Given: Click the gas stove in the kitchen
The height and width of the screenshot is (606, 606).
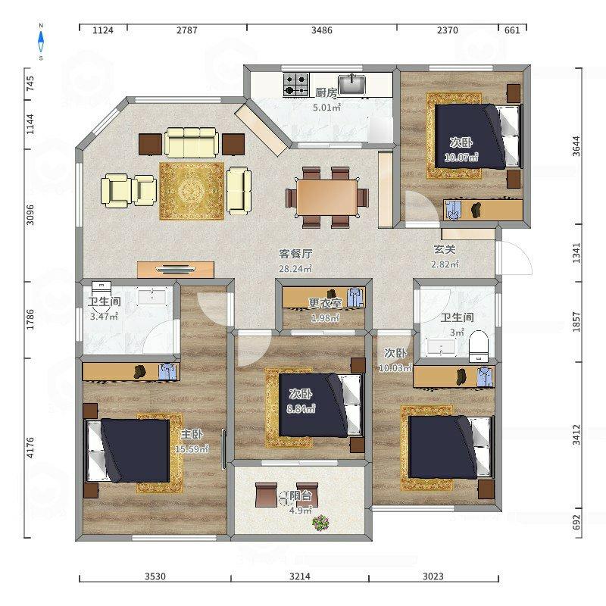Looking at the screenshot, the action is click(296, 85).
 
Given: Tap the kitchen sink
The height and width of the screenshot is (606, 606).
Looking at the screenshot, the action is click(351, 85).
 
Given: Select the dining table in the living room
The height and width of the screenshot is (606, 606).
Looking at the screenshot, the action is click(327, 198).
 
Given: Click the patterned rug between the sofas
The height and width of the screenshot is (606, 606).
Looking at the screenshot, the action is click(192, 191).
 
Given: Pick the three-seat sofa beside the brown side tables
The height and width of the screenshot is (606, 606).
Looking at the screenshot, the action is click(192, 142).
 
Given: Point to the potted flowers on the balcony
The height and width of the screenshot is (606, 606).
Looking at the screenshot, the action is click(320, 523).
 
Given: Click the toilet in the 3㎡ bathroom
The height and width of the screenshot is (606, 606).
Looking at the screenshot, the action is click(479, 346).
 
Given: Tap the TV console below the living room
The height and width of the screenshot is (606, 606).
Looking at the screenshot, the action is click(176, 270).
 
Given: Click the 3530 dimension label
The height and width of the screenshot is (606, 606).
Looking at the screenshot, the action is click(155, 576).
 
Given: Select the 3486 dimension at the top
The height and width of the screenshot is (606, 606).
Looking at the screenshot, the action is click(321, 30).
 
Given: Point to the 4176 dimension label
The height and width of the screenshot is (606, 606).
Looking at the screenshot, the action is click(30, 448).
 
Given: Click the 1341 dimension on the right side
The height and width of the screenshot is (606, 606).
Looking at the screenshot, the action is click(576, 253).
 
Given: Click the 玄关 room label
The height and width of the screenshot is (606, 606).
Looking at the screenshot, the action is click(445, 250).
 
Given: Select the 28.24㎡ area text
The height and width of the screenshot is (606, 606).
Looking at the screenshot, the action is click(295, 268).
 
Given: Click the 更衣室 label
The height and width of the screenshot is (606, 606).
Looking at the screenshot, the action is click(325, 303).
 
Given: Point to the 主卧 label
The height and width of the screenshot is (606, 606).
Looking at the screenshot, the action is click(192, 434).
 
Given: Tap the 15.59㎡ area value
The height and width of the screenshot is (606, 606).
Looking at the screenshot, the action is click(192, 448).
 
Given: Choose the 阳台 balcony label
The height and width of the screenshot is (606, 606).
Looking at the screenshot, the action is click(301, 496).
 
